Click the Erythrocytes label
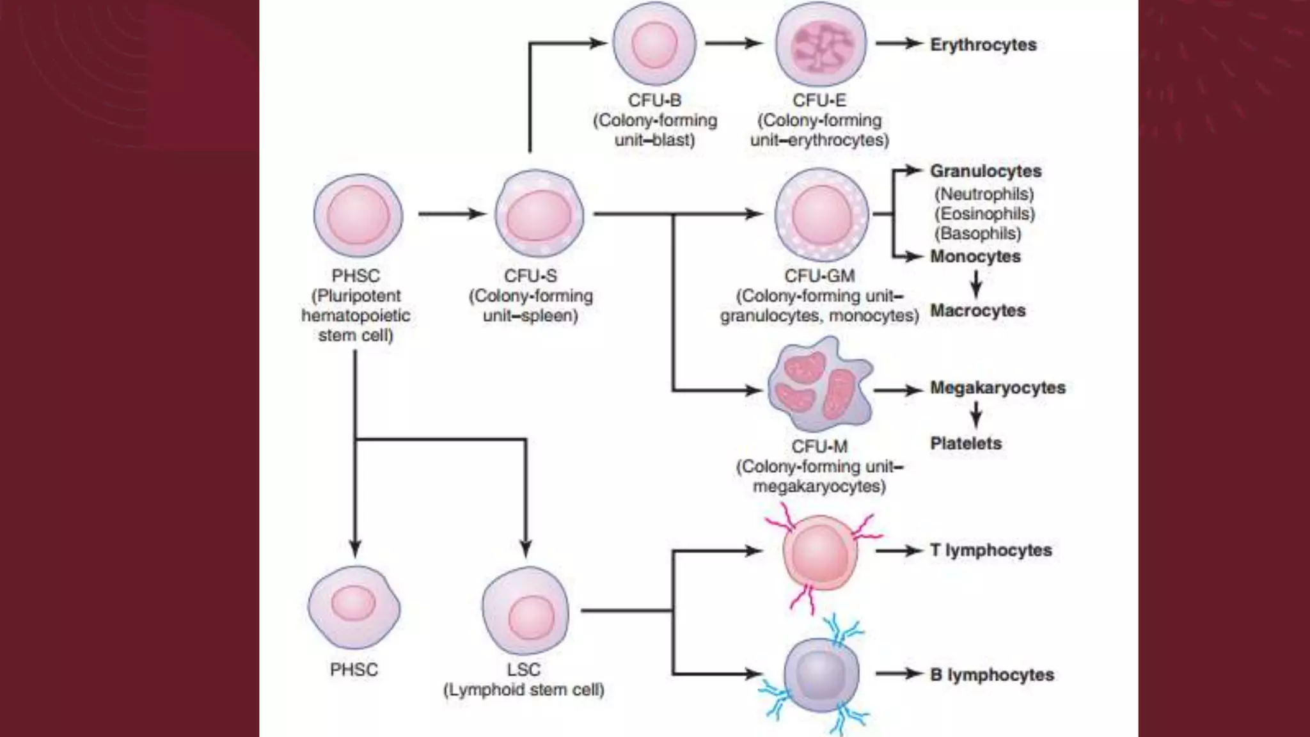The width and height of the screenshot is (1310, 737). click(x=982, y=45)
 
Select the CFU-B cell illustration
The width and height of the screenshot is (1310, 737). click(x=654, y=44)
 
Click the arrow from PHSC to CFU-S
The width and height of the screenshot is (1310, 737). click(x=452, y=214)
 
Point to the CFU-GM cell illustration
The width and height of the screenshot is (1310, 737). click(x=821, y=215)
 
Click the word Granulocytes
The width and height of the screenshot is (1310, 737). click(x=985, y=171)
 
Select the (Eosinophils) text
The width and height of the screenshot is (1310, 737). click(x=984, y=214)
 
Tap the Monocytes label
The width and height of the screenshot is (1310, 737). click(x=975, y=257)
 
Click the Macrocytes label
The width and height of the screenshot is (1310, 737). click(x=977, y=311)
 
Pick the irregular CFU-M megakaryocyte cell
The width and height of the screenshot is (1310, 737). click(x=820, y=388)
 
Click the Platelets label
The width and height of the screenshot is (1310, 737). click(x=966, y=443)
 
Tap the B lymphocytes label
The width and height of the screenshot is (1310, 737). click(x=991, y=675)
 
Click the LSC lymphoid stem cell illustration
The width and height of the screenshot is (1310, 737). click(x=526, y=612)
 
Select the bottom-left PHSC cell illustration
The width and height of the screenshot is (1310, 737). click(x=354, y=606)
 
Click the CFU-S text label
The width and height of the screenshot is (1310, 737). click(x=530, y=276)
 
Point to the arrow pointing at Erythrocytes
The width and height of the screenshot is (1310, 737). click(x=898, y=44)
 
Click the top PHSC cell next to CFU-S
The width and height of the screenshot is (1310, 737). click(x=358, y=216)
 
